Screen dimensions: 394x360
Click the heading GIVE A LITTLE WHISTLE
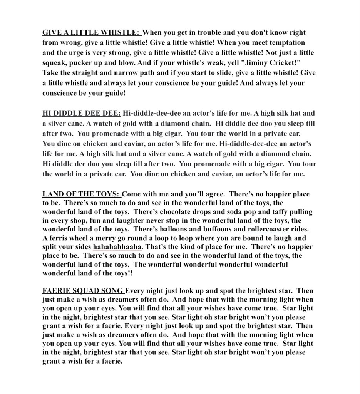[x=92, y=33]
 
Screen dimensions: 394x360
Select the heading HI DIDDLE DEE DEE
[x=81, y=113]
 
